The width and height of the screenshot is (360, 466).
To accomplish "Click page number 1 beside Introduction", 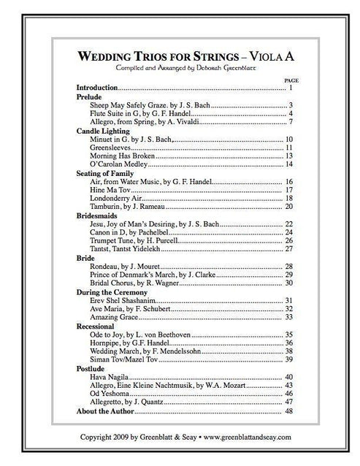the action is pos(291,87).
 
